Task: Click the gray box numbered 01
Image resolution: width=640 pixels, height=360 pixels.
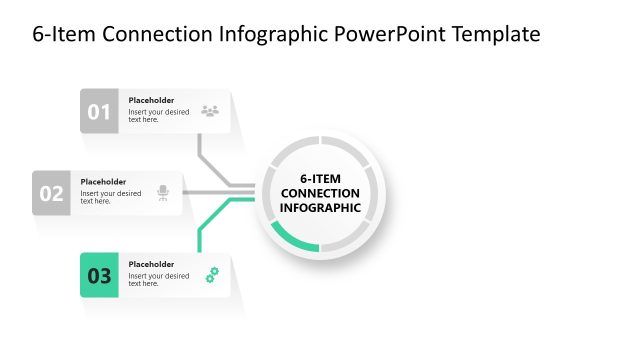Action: click(99, 111)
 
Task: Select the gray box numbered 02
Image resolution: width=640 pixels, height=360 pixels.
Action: click(51, 193)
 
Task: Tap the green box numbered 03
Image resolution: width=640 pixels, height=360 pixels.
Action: click(99, 275)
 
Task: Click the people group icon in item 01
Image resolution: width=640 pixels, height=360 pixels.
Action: click(210, 111)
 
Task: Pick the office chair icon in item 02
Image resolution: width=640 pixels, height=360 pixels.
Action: click(163, 193)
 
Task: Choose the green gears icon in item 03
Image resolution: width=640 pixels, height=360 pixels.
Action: click(212, 275)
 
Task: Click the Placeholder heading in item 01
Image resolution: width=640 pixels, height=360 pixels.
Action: click(151, 100)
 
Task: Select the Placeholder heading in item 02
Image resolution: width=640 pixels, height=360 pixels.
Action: click(103, 182)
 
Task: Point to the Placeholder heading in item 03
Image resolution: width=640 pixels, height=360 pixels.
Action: click(151, 264)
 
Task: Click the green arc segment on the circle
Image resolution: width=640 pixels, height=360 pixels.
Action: click(293, 240)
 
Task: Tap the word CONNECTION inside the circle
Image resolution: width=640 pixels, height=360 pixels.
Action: click(320, 193)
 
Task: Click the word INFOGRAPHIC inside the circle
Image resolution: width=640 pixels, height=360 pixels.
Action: click(320, 208)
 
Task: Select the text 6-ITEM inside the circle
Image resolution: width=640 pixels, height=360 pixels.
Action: click(320, 178)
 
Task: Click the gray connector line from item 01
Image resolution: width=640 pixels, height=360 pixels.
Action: click(200, 150)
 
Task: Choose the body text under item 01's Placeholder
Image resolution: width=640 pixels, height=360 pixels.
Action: click(158, 116)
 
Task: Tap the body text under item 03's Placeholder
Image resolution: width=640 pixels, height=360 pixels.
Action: click(158, 280)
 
